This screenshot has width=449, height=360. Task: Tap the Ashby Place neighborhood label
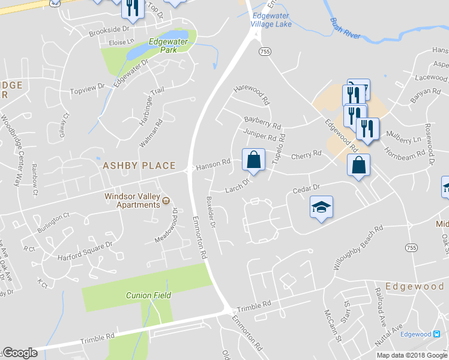click(x=139, y=166)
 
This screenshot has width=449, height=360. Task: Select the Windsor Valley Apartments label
click(x=133, y=200)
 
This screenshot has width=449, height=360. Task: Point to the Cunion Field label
click(x=148, y=295)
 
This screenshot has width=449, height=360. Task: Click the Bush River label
click(x=345, y=28)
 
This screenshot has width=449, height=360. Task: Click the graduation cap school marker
click(x=321, y=207)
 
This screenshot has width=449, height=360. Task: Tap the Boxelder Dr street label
click(x=211, y=212)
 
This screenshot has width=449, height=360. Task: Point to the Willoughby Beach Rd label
click(x=358, y=248)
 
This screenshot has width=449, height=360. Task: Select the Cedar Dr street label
click(x=307, y=189)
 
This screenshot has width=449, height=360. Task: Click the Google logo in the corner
click(x=20, y=353)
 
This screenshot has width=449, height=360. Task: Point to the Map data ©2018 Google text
click(x=412, y=355)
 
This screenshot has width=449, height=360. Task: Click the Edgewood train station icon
click(x=436, y=334)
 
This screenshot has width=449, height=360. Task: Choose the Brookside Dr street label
click(x=109, y=29)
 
